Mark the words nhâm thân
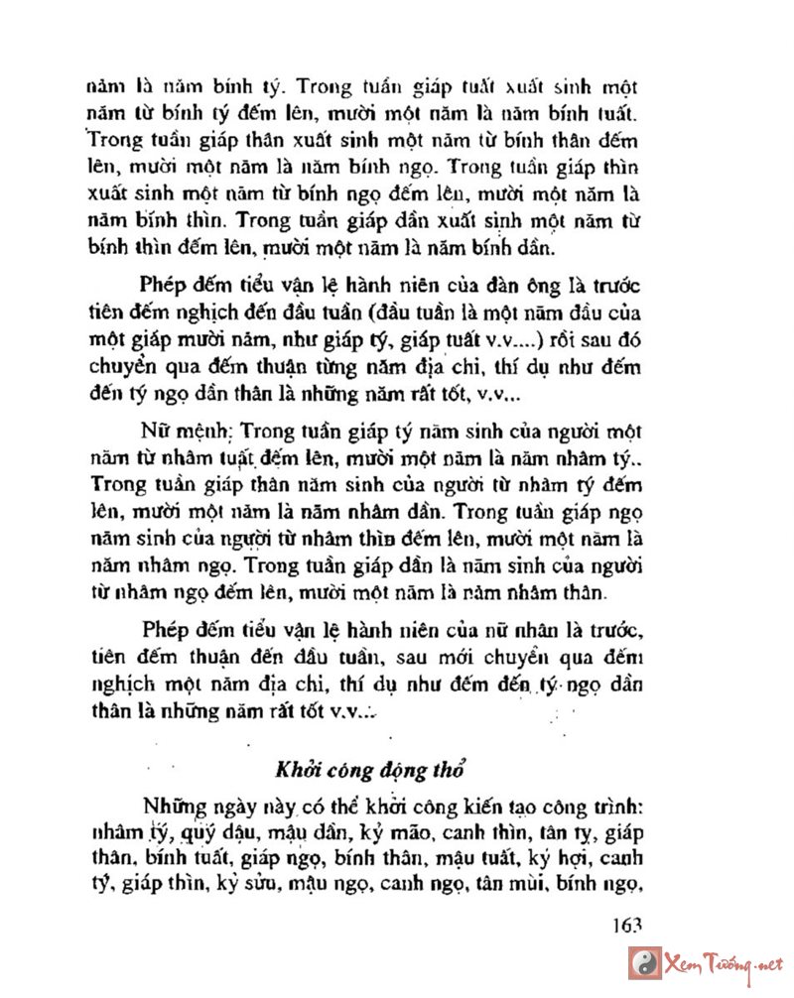(555, 594)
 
